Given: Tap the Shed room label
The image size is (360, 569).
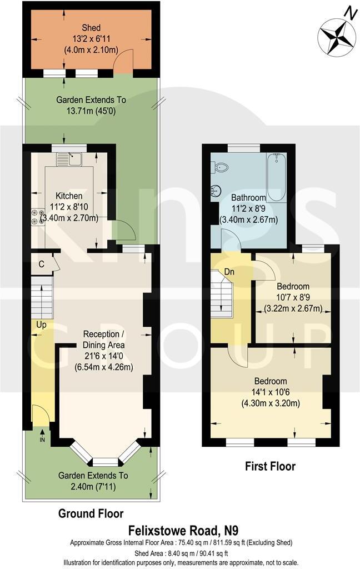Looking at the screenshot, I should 91,28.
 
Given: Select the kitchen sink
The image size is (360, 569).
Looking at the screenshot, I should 72,160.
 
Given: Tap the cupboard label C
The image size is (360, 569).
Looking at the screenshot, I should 41,263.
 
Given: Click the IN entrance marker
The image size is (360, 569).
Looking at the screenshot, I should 42,439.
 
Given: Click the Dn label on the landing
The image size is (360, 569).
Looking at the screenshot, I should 228,272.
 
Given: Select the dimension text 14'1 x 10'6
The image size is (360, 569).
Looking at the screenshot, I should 271,392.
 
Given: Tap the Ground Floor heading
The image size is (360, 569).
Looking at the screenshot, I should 91,513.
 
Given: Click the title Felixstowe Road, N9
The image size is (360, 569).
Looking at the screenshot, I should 179,530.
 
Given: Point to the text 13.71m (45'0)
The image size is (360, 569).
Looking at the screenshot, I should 91,111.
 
